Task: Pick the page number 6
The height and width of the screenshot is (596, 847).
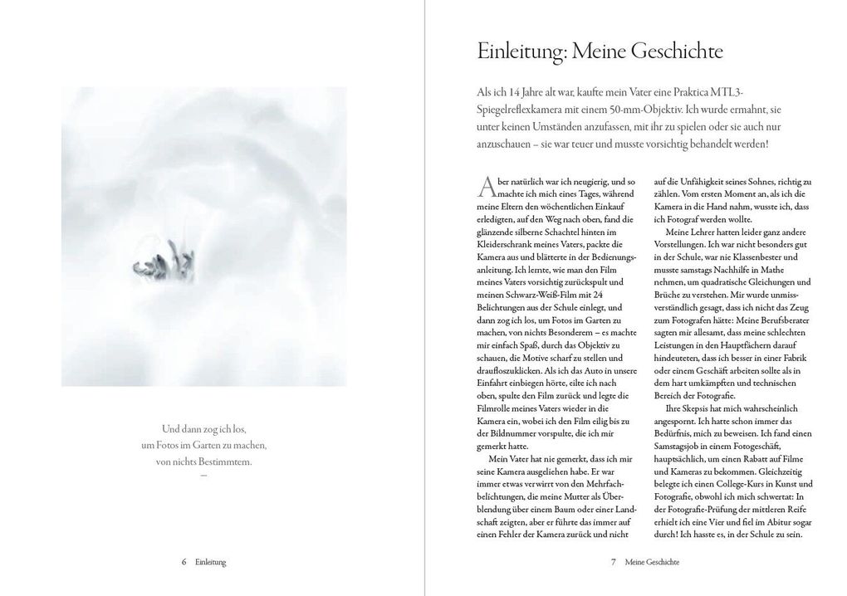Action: pos(184,562)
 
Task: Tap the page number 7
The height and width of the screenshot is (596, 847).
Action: pos(613,562)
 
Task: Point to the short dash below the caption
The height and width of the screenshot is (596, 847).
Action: pos(203,476)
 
